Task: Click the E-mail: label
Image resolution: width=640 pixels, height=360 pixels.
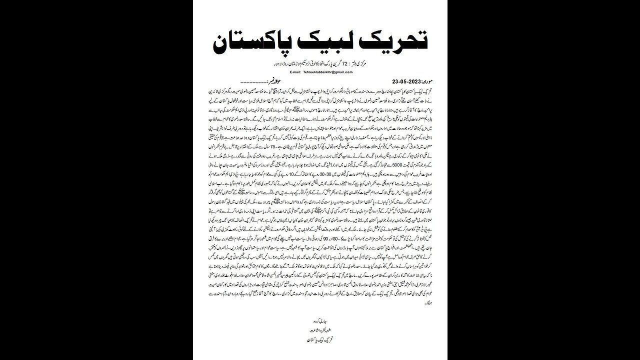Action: click(x=291, y=72)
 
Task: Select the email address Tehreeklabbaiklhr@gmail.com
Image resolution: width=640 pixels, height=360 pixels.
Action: click(x=327, y=72)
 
